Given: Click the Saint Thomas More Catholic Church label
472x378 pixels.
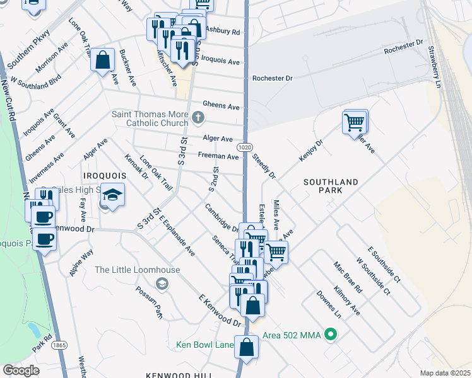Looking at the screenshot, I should tap(150, 118).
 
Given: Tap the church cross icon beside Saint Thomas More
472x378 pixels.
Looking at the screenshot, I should tap(198, 117).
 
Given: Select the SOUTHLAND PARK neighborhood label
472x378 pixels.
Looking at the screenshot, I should tap(331, 186).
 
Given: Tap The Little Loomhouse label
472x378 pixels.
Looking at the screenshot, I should tap(137, 270).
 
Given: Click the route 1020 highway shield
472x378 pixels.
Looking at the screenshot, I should tap(245, 146).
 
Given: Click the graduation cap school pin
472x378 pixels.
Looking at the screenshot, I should tap(112, 195).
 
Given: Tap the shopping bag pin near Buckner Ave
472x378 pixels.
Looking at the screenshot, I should tap(102, 60).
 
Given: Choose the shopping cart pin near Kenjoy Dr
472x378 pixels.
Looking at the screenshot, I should tap(355, 122).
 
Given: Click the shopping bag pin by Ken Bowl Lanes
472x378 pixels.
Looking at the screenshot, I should tap(246, 347).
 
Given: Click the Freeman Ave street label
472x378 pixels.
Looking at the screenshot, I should tap(218, 156).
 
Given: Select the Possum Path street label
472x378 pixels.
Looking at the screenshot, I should tap(149, 302).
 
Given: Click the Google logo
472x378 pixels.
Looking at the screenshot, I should tap(21, 370).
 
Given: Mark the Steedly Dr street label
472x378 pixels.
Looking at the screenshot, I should tap(264, 166).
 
